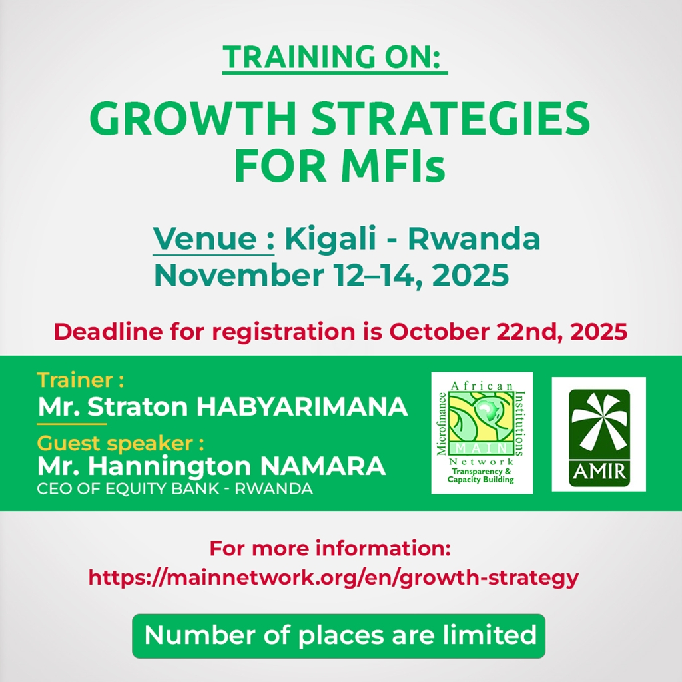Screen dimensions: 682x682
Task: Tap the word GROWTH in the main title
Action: pos(192,119)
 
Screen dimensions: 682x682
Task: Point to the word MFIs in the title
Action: pos(393,166)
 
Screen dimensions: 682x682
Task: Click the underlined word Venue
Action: pos(205,238)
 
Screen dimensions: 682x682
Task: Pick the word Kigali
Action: pos(330,239)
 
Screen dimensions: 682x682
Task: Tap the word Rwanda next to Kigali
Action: pos(474,238)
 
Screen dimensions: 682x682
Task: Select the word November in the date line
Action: pos(239,275)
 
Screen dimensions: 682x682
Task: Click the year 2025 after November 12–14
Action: pos(471,275)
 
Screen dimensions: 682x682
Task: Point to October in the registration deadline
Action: pos(438,332)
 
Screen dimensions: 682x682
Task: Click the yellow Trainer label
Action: pos(81,380)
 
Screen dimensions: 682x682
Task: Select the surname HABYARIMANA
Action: pos(302,407)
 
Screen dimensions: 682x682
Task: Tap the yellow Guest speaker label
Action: pos(121,444)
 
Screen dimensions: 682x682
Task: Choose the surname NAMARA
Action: pos(322,466)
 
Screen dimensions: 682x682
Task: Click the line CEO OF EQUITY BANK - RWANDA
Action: pos(175,488)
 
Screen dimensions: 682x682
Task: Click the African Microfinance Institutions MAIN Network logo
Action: pos(482,433)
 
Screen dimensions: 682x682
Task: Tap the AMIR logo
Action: pos(599,434)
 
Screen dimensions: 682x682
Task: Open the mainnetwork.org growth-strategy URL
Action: pos(334,578)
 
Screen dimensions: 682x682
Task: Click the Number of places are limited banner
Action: pos(338,636)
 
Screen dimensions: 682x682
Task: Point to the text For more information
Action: pos(330,549)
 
